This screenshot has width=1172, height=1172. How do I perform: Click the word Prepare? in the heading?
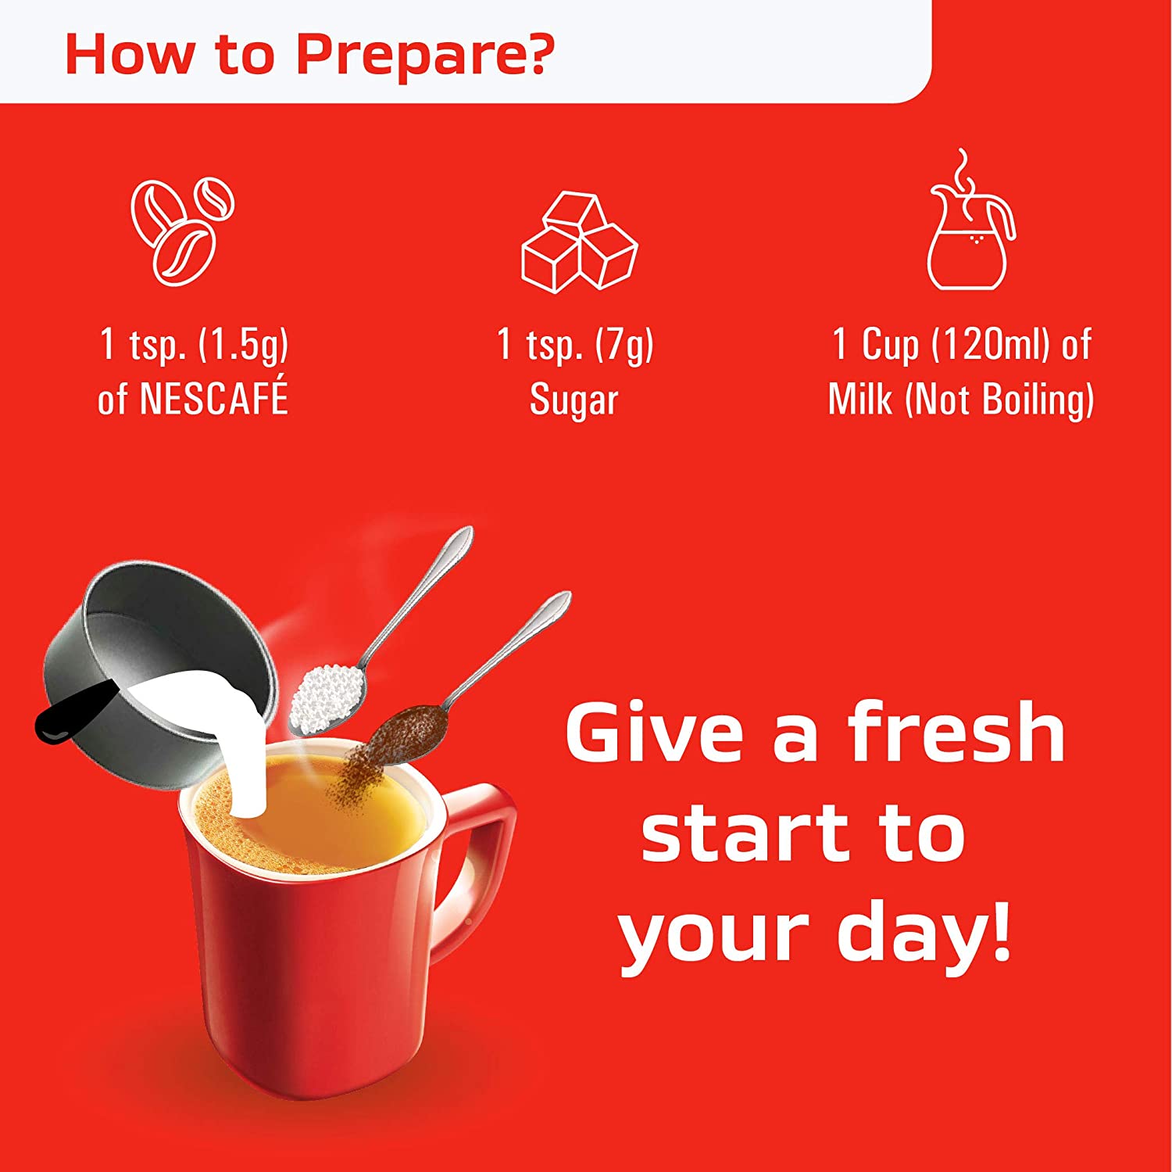[425, 55]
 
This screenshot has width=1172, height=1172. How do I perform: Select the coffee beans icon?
[183, 232]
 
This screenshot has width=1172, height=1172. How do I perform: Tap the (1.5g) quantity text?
[243, 345]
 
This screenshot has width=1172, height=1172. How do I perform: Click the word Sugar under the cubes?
[574, 400]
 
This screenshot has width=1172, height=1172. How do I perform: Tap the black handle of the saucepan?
[74, 711]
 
